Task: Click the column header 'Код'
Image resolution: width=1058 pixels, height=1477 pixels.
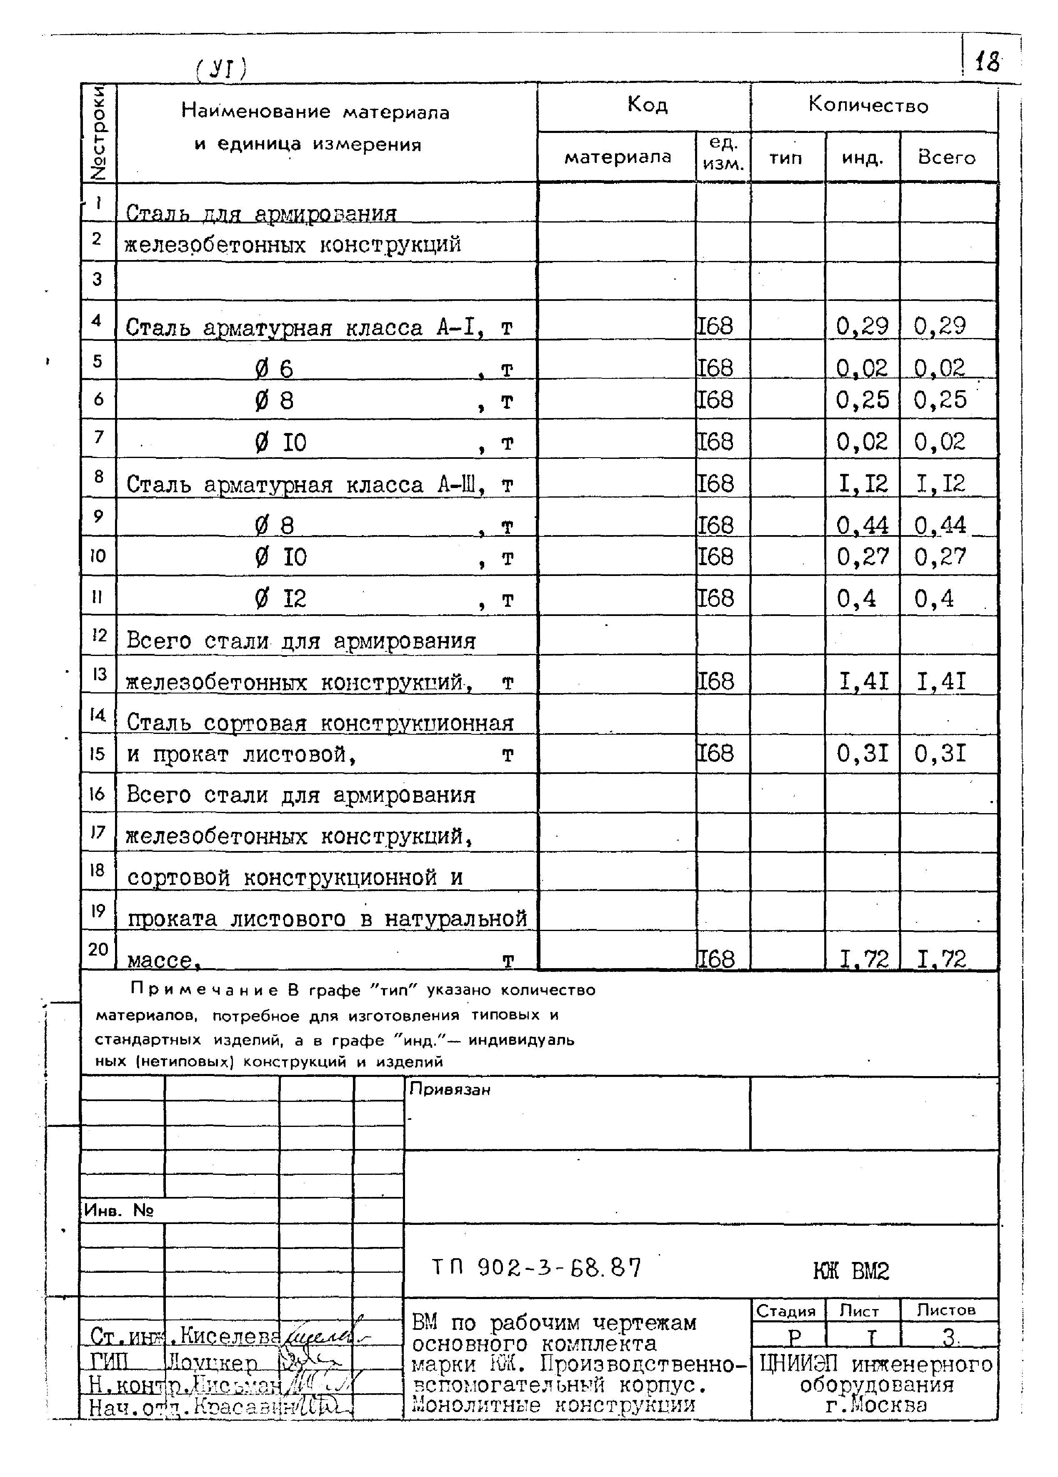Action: click(x=647, y=105)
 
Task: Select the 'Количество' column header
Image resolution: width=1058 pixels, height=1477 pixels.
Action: click(x=868, y=105)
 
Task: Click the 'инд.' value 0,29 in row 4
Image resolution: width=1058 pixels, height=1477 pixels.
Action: click(x=862, y=325)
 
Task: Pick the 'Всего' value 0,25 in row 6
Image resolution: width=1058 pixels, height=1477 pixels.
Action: click(x=940, y=400)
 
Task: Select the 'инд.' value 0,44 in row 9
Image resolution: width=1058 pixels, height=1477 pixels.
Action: click(x=862, y=525)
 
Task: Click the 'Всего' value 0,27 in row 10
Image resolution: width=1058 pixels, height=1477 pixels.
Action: click(x=940, y=557)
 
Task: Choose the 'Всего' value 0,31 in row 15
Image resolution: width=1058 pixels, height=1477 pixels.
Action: click(x=940, y=754)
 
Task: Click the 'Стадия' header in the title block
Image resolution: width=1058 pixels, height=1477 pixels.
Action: click(x=786, y=1312)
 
